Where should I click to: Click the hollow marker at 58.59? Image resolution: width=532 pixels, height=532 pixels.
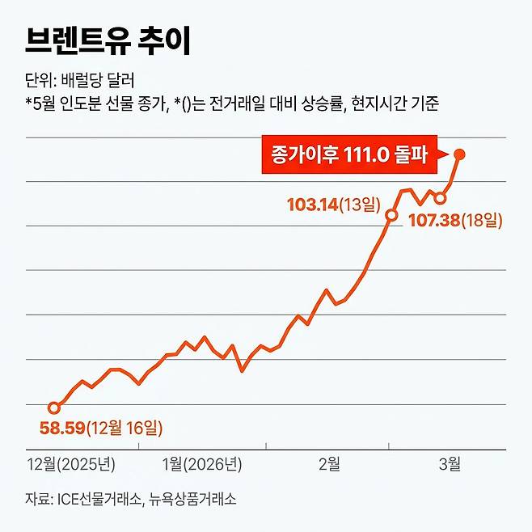click(x=54, y=407)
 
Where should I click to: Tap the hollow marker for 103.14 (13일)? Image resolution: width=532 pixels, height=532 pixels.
click(x=391, y=215)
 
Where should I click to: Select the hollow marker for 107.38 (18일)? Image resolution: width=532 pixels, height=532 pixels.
click(x=440, y=198)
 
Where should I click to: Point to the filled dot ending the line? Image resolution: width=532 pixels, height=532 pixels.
click(x=459, y=154)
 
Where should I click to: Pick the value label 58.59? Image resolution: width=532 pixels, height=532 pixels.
click(x=62, y=428)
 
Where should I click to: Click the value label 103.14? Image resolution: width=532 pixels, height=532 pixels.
click(x=313, y=204)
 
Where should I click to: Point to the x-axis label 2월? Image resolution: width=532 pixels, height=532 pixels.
click(x=329, y=464)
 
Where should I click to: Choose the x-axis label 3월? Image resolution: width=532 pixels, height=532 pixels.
click(x=450, y=464)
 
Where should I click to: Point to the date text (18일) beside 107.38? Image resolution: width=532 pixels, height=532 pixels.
click(x=482, y=219)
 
